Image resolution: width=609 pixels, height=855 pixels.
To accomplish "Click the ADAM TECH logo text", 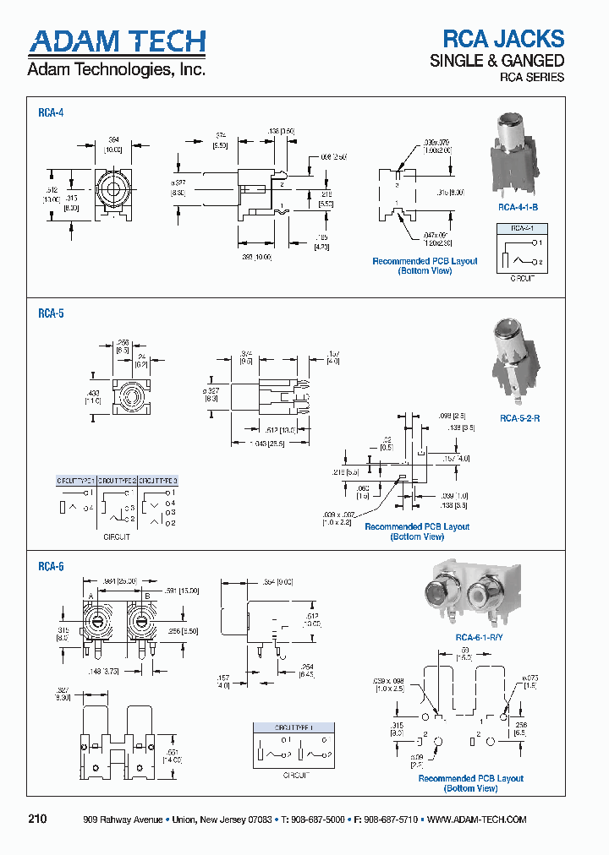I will (x=117, y=41).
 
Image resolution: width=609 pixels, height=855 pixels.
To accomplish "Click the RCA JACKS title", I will (x=503, y=38).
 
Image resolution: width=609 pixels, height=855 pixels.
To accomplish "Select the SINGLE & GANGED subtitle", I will (x=497, y=60).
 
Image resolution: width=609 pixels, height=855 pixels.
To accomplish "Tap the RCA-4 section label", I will (x=51, y=112).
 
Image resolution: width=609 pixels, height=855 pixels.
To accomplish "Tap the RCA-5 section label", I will (x=51, y=313).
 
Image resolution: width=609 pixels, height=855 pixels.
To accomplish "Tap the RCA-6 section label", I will (x=51, y=567).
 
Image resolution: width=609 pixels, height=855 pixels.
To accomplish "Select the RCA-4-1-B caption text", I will (x=518, y=207).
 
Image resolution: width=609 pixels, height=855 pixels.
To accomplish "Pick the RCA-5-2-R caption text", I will (x=519, y=418).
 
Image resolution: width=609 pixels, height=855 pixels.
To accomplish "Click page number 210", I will (x=38, y=820).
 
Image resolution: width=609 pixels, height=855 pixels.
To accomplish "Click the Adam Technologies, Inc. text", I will (x=117, y=70).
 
